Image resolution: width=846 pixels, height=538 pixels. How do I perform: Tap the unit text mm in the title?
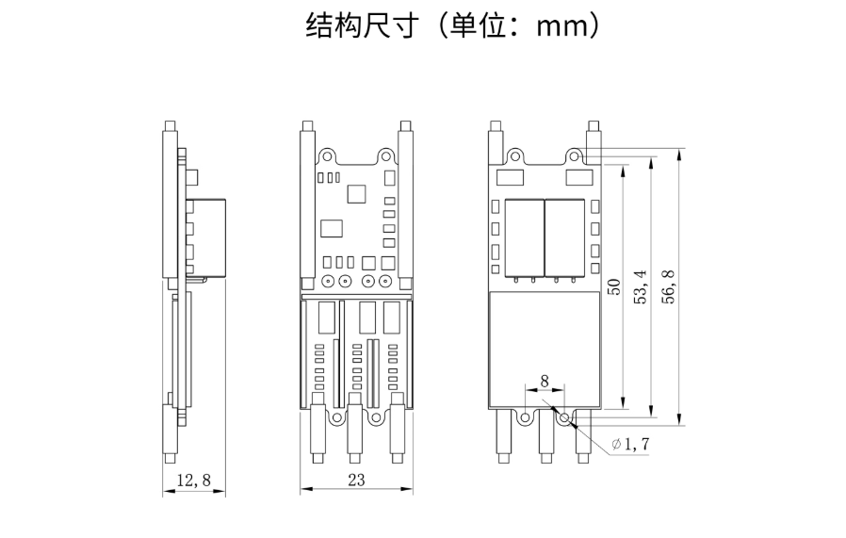(x=561, y=26)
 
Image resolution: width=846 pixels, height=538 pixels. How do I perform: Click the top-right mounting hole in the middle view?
(x=385, y=155)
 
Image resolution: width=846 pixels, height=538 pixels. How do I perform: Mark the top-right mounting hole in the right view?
(x=574, y=155)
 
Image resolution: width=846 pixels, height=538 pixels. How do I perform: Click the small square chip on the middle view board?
(x=357, y=193)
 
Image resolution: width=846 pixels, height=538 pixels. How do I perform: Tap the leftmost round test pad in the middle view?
(x=328, y=281)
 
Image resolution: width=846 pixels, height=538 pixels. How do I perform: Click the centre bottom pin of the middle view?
(x=355, y=433)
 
